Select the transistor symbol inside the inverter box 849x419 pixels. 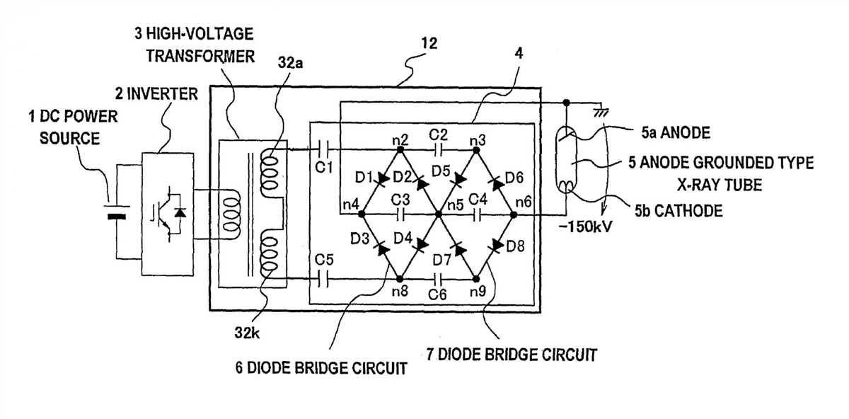(160, 215)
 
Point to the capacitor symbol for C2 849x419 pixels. (439, 149)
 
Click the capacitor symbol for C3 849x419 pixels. (400, 212)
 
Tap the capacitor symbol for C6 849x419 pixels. (439, 279)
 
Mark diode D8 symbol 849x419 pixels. (496, 246)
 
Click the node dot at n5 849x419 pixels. (439, 213)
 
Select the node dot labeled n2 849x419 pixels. (400, 149)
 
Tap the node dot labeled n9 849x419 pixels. (477, 279)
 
